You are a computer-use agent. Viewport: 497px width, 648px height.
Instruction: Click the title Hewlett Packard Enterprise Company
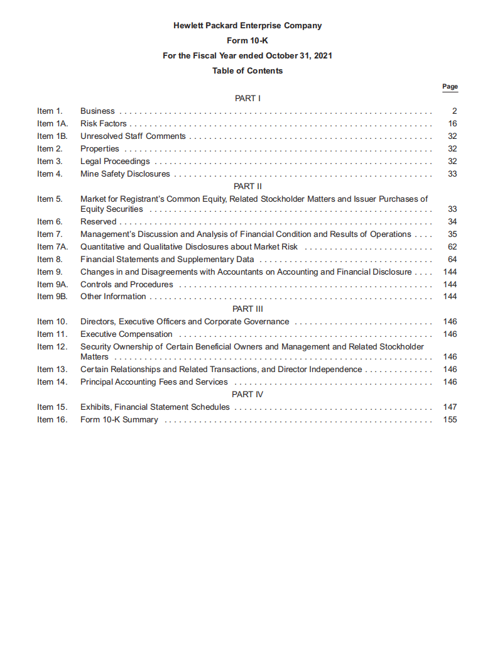pos(248,26)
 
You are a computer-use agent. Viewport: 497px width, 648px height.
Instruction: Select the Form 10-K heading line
pos(248,41)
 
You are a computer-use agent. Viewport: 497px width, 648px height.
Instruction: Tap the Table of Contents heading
pos(248,71)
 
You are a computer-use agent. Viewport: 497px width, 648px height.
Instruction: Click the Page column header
pos(450,87)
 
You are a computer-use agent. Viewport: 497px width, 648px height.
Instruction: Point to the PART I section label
pos(248,99)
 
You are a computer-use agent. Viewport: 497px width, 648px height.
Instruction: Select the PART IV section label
pos(248,395)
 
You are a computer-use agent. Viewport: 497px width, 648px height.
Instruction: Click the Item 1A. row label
pos(52,124)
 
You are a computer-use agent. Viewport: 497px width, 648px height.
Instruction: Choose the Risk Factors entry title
pos(103,124)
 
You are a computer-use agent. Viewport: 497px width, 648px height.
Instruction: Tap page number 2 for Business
pos(454,111)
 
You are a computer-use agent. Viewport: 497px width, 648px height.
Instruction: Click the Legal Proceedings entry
pos(115,162)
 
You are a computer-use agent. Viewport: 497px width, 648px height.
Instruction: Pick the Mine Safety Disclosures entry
pos(125,174)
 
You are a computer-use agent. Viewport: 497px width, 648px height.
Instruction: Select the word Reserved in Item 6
pos(98,222)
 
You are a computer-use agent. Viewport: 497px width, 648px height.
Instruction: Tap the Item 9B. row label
pos(52,297)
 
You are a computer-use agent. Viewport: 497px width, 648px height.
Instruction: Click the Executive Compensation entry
pos(126,334)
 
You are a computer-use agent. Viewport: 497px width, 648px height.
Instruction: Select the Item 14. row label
pos(52,382)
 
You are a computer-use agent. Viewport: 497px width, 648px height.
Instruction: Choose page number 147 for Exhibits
pos(450,407)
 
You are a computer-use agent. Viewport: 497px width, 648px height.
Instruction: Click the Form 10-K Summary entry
pos(119,420)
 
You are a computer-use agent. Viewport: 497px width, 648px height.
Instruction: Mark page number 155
pos(450,420)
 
